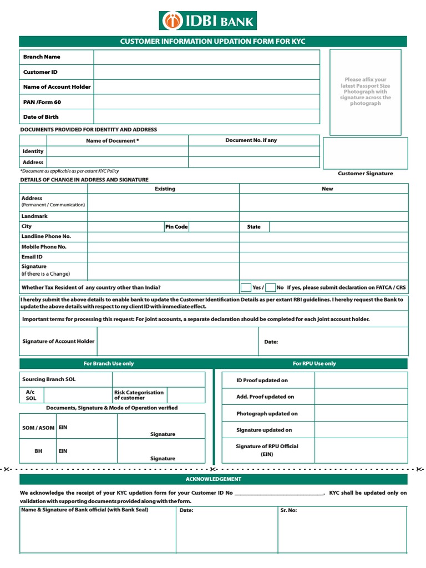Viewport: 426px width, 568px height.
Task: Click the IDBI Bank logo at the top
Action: tap(207, 21)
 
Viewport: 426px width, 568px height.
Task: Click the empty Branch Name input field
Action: tap(206, 57)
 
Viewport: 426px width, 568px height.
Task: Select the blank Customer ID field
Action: tap(206, 72)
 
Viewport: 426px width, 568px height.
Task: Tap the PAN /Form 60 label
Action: tap(42, 102)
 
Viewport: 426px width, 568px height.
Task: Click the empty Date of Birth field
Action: tap(206, 116)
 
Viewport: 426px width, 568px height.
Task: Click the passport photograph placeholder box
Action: tap(365, 92)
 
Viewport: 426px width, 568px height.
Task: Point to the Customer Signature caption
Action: tap(365, 174)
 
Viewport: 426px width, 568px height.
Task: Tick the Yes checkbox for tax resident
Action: tap(246, 287)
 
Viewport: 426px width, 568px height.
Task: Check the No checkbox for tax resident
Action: tap(271, 287)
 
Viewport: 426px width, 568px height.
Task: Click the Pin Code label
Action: tap(176, 227)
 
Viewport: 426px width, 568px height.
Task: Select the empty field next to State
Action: tap(338, 227)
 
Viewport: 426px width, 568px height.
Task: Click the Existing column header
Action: tap(165, 189)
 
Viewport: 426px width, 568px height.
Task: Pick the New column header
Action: tap(327, 189)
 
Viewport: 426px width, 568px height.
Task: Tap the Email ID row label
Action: tap(32, 257)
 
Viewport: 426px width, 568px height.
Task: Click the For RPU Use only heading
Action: tap(315, 364)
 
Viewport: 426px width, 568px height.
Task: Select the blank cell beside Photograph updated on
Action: tap(361, 413)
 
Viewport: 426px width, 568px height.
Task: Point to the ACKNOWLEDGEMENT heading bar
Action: tap(213, 479)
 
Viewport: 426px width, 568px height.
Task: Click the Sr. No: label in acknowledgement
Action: tap(289, 510)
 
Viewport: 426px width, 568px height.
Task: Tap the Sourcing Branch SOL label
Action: tap(49, 379)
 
